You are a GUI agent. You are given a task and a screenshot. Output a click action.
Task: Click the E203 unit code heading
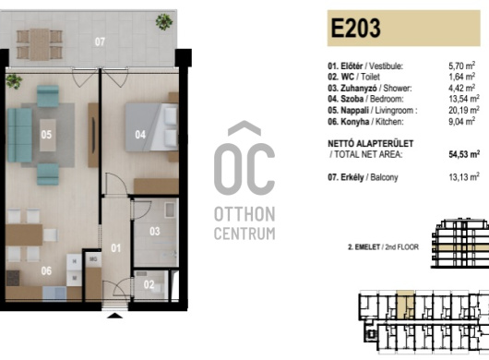tap(355, 28)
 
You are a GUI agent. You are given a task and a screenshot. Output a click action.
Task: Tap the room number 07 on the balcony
tap(100, 42)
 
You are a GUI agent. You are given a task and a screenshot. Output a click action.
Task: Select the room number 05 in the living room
tap(46, 135)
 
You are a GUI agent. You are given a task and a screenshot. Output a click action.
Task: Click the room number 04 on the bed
tap(140, 135)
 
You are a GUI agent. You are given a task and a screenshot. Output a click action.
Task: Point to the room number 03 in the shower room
tap(155, 231)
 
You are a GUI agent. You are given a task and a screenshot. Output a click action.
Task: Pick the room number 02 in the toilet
tap(149, 284)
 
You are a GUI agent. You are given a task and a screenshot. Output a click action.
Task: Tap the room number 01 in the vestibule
tap(115, 248)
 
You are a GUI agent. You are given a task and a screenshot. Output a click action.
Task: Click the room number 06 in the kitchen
tap(46, 270)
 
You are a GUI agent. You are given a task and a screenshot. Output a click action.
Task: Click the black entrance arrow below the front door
tap(114, 316)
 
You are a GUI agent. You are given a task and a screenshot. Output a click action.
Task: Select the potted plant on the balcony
tap(163, 22)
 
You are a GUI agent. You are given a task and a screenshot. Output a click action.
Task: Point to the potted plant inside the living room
tap(14, 81)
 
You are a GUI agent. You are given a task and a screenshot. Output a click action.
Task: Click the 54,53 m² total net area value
tap(464, 154)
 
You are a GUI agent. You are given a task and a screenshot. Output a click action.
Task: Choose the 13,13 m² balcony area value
tap(464, 177)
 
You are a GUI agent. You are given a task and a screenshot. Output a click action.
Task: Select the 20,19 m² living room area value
tap(464, 110)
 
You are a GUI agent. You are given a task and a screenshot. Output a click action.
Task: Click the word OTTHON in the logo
tap(244, 214)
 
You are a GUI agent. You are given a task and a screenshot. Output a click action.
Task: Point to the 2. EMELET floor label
tap(364, 247)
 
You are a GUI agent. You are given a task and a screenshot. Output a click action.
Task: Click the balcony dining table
tap(40, 44)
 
